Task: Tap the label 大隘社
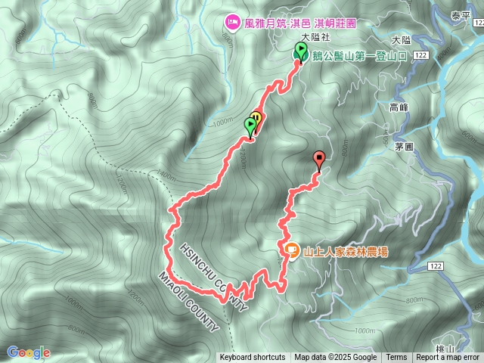click(x=315, y=36)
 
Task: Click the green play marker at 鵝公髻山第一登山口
click(x=301, y=52)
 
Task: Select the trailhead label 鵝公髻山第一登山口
click(x=361, y=55)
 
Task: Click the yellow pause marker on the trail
click(x=256, y=119)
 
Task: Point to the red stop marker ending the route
click(x=319, y=160)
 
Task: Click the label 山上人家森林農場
click(x=345, y=251)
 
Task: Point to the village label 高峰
click(x=399, y=108)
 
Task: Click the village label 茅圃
click(x=404, y=147)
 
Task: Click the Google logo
click(x=28, y=352)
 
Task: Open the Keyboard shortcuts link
click(x=253, y=358)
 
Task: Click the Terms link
click(x=396, y=358)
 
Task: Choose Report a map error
click(x=448, y=358)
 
